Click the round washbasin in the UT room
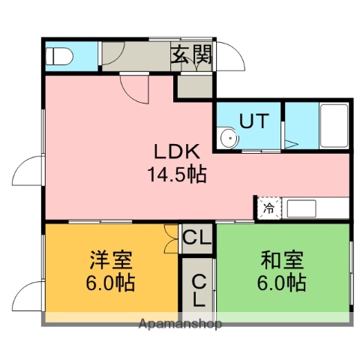[x=228, y=137]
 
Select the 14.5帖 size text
[x=177, y=175]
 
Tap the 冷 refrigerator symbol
[x=268, y=208]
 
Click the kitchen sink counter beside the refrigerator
[x=315, y=208]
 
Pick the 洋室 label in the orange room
[x=111, y=262]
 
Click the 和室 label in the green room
[x=283, y=262]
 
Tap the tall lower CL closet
[x=199, y=289]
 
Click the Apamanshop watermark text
[x=180, y=325]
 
